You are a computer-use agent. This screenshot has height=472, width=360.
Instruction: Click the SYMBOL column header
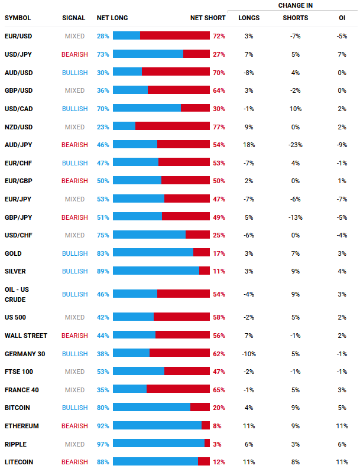click(x=18, y=18)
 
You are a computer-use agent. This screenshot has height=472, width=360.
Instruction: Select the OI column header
click(x=342, y=18)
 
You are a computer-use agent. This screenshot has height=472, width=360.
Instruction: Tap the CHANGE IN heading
click(x=295, y=5)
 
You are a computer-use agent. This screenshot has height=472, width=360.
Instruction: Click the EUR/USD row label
click(x=19, y=36)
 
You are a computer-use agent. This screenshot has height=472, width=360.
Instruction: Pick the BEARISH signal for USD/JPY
click(x=74, y=54)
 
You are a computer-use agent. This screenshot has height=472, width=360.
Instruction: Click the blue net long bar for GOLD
click(x=153, y=253)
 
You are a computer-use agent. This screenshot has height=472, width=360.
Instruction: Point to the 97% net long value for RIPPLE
click(x=103, y=444)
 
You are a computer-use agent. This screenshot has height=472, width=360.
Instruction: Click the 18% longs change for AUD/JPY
click(x=248, y=145)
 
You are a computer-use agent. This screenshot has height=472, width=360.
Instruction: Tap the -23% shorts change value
click(x=295, y=145)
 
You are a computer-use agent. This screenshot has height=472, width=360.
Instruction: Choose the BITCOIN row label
click(x=17, y=408)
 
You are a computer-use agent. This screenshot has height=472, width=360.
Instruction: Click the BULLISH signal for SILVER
click(x=74, y=271)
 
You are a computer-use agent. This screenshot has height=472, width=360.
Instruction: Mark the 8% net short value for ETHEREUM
click(x=217, y=426)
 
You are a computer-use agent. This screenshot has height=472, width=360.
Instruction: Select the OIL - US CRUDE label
click(x=17, y=294)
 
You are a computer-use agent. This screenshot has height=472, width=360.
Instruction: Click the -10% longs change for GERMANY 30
click(x=248, y=354)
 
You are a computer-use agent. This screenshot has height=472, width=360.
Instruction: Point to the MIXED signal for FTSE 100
click(x=75, y=372)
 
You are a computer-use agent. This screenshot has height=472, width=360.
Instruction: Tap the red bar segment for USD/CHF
click(x=197, y=235)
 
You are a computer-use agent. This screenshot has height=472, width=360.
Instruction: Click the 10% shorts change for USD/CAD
click(x=295, y=109)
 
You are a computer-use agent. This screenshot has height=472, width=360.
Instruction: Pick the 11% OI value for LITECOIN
click(x=342, y=462)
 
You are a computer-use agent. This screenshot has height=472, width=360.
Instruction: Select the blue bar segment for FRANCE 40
click(x=129, y=390)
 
